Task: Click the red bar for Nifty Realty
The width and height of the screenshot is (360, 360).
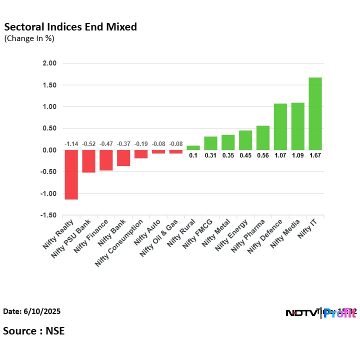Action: coord(71,174)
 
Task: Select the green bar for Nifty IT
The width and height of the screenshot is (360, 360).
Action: coord(315,114)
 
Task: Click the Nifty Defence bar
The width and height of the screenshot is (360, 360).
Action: coord(280,127)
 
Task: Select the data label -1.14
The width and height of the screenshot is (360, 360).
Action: coord(71,144)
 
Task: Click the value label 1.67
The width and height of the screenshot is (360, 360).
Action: coord(315,155)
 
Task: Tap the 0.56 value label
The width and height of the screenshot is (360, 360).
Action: coord(263,155)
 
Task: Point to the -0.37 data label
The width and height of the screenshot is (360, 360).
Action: coord(123,144)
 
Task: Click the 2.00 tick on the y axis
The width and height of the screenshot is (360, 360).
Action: coord(50,63)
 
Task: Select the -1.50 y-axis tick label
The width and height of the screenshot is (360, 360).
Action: coord(49,215)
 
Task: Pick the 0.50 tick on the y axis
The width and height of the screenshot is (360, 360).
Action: coord(50,128)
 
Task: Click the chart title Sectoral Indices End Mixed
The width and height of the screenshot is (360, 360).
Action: coord(70,27)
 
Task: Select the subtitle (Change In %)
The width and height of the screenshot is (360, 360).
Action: coord(29,38)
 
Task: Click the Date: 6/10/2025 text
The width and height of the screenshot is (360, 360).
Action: coord(32,311)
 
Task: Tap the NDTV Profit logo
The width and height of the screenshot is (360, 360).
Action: coord(320,313)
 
